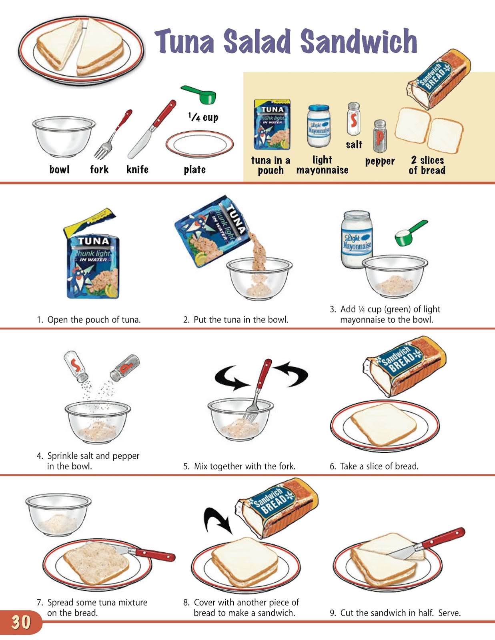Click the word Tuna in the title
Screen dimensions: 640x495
pos(185,42)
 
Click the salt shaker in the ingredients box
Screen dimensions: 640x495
pos(353,119)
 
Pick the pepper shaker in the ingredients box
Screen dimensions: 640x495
pos(380,136)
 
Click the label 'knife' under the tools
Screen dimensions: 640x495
pos(137,170)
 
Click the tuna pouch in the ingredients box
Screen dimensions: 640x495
pos(272,125)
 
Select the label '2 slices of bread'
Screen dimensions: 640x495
pos(427,165)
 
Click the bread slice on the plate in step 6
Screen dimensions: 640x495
pos(383,423)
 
